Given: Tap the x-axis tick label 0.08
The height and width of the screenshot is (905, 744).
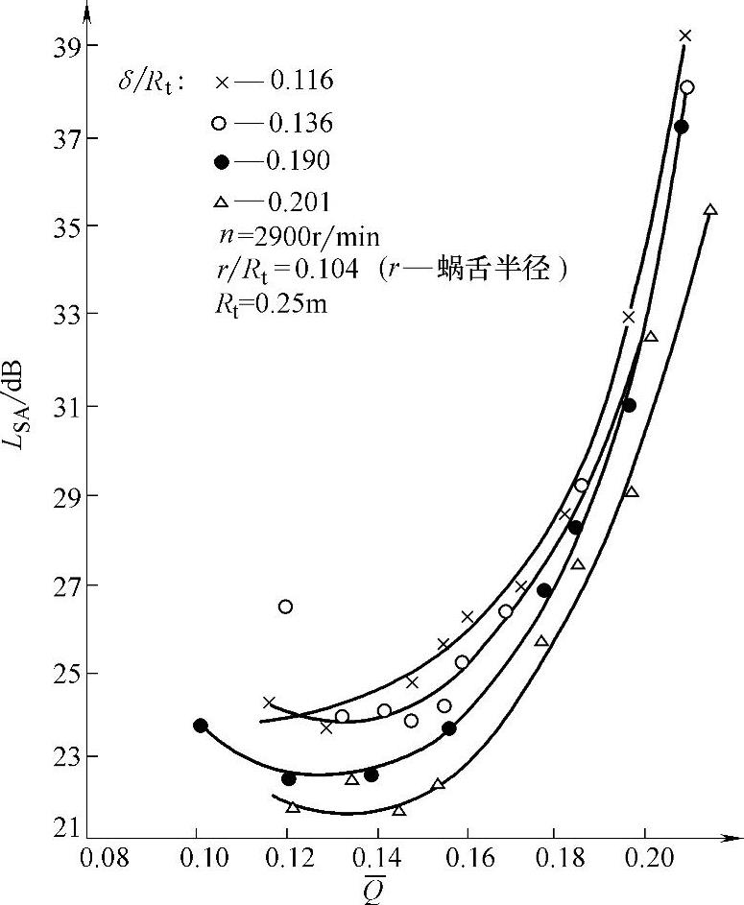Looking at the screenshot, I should point(104,855).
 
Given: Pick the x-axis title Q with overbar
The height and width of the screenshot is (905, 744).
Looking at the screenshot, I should point(373,888).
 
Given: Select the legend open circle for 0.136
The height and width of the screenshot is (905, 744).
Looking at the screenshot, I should point(221,124).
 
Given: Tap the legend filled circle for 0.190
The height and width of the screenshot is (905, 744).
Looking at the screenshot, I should point(221,161).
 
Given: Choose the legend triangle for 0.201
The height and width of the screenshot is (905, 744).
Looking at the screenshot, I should point(221,201).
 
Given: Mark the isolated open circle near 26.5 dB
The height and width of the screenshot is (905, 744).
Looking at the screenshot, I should point(285,607).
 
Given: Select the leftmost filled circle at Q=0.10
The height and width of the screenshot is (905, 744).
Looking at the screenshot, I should point(200,726).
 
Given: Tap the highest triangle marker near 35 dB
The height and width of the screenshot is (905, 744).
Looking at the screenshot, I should point(710,210).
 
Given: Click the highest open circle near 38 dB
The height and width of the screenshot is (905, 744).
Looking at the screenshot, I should point(686,87).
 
